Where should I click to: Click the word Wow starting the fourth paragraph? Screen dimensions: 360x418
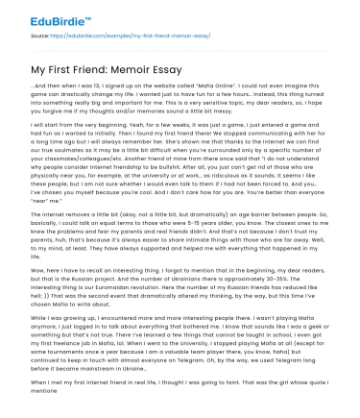(x=38, y=298)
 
